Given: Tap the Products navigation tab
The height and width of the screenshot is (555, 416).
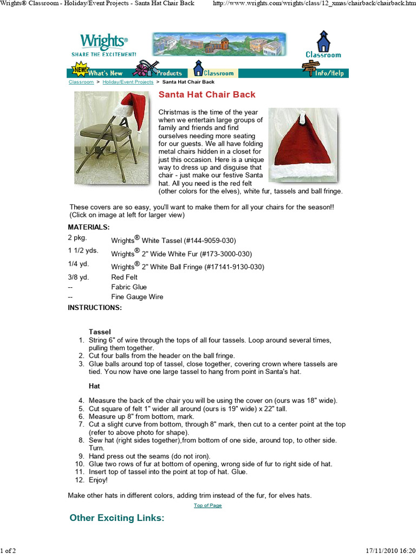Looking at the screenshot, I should point(168,73).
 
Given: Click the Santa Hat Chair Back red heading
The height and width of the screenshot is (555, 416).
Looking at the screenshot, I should point(206,95).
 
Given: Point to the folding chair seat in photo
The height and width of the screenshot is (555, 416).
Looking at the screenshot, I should point(106,132).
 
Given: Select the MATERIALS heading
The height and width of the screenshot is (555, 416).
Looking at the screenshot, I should point(89,227).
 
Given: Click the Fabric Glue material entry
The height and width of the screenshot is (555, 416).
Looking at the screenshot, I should point(129,287).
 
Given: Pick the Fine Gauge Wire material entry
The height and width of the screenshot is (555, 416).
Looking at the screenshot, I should point(137,296).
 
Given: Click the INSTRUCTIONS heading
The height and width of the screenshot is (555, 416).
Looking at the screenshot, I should point(95,307).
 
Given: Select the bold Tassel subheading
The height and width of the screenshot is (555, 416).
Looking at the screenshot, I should point(100,331).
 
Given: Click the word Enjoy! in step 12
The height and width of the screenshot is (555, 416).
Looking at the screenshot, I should point(98,480).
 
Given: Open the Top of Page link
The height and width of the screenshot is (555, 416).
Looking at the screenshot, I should point(207,506).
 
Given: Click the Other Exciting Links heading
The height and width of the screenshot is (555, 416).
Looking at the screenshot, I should point(117,518).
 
